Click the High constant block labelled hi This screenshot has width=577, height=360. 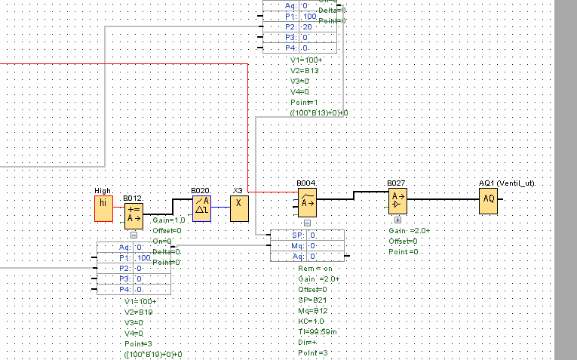pyautogui.click(x=103, y=209)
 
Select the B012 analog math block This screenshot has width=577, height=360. pyautogui.click(x=134, y=214)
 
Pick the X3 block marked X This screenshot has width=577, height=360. pyautogui.click(x=239, y=203)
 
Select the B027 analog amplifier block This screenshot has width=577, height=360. pyautogui.click(x=397, y=201)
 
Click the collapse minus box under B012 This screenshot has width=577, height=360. pyautogui.click(x=134, y=235)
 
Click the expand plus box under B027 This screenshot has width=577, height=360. pyautogui.click(x=397, y=219)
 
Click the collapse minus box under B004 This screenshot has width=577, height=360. pyautogui.click(x=307, y=223)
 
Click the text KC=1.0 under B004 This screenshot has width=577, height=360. pyautogui.click(x=313, y=321)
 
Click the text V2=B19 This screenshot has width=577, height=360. pyautogui.click(x=140, y=311)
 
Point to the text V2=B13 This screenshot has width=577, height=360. pyautogui.click(x=305, y=69)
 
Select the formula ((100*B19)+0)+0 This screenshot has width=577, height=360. pyautogui.click(x=154, y=353)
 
